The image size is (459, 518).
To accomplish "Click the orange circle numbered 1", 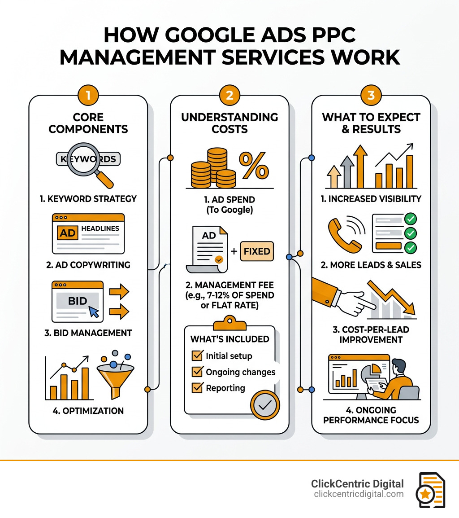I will (88, 96).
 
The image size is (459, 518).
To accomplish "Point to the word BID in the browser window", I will (77, 301).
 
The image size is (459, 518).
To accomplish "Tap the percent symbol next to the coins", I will (254, 166).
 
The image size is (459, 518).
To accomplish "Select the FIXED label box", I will (257, 251).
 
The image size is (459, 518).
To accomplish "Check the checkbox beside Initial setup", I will (197, 356).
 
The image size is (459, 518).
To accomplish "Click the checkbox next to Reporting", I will (197, 388).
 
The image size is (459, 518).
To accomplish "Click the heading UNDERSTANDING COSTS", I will (229, 123).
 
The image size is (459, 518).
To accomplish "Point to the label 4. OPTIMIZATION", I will (88, 411).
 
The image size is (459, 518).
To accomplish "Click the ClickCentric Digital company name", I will (357, 484).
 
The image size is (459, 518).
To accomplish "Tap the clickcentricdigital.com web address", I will (359, 494).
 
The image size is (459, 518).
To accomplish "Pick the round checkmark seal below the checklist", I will (265, 404).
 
